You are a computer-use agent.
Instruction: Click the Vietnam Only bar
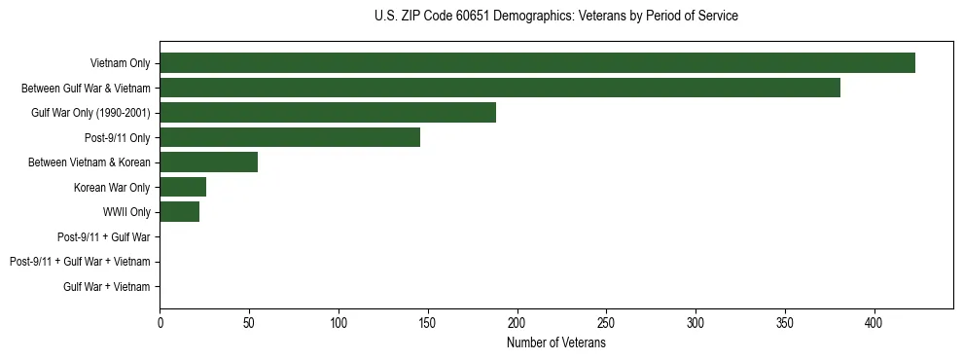tap(537, 63)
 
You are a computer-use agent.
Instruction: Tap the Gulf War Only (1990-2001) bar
tap(328, 113)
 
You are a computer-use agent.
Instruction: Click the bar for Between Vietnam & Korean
tap(208, 162)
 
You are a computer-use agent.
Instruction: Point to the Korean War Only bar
tap(183, 187)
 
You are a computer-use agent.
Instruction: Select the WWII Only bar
tap(179, 212)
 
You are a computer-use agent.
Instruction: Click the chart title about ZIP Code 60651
tap(555, 17)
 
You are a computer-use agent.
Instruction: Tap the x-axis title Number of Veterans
tap(556, 343)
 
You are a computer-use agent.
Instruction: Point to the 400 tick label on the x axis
tap(874, 323)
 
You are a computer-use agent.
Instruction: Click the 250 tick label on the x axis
tap(606, 323)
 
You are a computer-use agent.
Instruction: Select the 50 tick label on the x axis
tap(249, 323)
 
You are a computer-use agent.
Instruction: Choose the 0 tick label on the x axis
tap(160, 323)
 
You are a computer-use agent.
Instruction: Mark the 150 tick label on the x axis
tap(428, 323)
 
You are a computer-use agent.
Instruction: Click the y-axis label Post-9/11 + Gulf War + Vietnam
tap(80, 262)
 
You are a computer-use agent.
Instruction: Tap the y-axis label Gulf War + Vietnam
tap(107, 286)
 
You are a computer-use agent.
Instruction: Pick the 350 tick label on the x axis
tap(785, 323)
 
